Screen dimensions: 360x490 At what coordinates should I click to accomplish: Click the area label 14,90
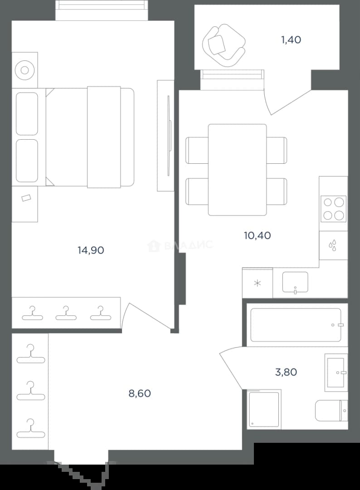(x=91, y=250)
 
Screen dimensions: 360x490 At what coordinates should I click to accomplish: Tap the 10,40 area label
(x=257, y=235)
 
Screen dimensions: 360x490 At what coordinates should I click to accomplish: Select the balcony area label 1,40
(x=291, y=39)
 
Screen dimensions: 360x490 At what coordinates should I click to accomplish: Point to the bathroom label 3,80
(x=286, y=372)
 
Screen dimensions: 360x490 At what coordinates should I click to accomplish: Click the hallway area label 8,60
(x=140, y=393)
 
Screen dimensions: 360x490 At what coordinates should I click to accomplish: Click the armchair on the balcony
(x=224, y=46)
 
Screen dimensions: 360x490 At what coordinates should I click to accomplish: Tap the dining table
(x=237, y=170)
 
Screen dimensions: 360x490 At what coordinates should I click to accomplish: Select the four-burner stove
(x=333, y=209)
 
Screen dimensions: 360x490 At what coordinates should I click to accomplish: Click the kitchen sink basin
(x=295, y=282)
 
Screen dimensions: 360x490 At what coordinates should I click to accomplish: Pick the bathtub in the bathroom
(x=296, y=325)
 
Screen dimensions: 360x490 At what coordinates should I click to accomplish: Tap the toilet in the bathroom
(x=331, y=411)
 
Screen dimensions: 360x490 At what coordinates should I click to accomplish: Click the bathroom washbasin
(x=336, y=372)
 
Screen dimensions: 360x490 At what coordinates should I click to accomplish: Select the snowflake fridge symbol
(x=257, y=284)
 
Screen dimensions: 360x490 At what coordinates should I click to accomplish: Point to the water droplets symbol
(x=333, y=245)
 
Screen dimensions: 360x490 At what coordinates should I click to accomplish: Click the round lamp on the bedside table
(x=24, y=70)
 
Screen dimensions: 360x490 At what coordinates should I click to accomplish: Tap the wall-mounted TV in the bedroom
(x=169, y=136)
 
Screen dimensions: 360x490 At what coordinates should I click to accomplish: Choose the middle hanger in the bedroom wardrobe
(x=66, y=313)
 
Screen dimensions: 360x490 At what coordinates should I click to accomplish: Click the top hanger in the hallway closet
(x=31, y=353)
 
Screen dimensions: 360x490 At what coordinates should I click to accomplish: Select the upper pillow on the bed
(x=27, y=114)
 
